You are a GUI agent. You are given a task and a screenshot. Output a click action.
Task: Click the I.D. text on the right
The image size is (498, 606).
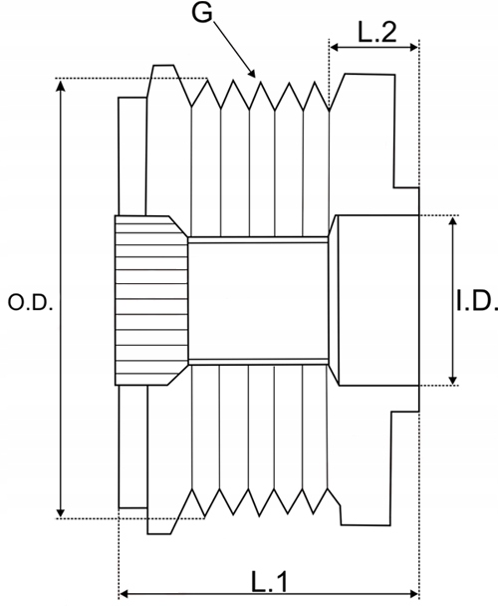tap(475, 300)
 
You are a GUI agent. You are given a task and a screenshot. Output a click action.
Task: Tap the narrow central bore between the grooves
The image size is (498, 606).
tap(258, 300)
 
